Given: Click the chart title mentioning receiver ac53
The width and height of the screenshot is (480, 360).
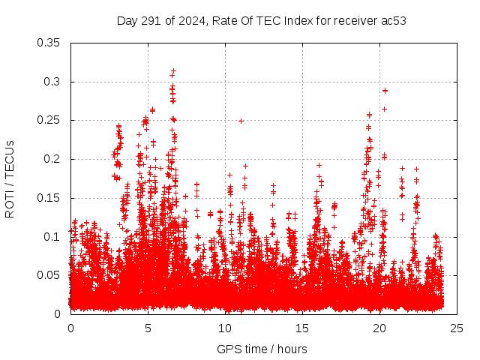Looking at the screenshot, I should [x=262, y=20].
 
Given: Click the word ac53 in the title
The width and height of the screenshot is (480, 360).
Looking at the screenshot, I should [x=392, y=20].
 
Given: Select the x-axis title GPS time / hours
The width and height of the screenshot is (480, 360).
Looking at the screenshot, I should [x=262, y=349].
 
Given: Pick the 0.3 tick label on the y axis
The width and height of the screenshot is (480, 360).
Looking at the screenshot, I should [x=54, y=82].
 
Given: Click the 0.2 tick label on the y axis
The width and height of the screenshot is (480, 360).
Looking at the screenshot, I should [x=54, y=159].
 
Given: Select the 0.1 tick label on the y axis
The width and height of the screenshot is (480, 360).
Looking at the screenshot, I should [x=54, y=237].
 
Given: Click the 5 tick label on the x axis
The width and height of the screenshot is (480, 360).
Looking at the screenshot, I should [x=148, y=328].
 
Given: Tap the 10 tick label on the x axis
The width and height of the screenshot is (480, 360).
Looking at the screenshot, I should [x=225, y=328].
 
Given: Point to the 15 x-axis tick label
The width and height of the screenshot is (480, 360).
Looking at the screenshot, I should [x=302, y=328].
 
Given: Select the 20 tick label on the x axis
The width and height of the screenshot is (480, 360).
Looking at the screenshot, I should [x=379, y=328].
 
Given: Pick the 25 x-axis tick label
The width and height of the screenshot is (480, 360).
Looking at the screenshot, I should [x=457, y=328].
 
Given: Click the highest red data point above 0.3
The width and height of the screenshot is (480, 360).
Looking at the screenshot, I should [x=173, y=70].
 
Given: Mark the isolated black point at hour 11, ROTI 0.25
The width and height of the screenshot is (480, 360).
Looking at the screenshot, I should [x=241, y=120].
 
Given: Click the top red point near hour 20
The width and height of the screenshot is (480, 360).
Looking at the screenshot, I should [x=385, y=90].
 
